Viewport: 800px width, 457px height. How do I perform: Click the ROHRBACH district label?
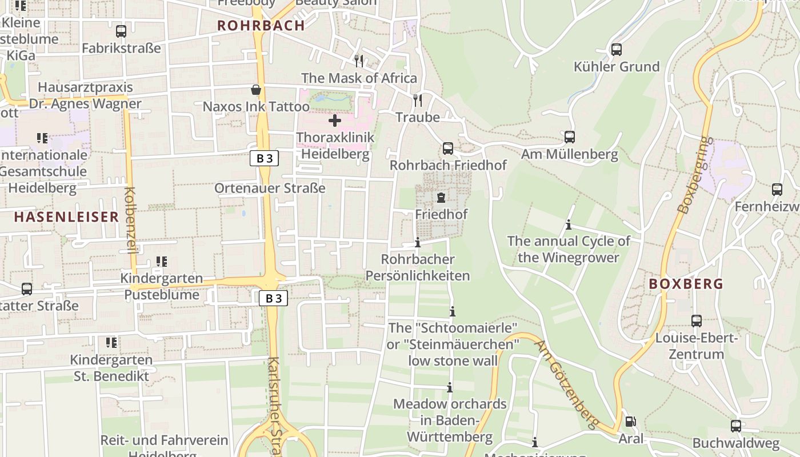point(261,26)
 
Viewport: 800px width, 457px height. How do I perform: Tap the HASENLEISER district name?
point(66,217)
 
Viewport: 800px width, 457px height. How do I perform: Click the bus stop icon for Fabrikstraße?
point(121,31)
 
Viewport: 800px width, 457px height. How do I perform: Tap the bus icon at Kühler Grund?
point(616,50)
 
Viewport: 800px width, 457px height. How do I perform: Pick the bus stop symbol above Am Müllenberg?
point(569,137)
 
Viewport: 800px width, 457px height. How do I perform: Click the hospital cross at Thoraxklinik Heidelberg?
point(335,121)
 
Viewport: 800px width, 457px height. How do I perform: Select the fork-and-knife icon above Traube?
point(418,101)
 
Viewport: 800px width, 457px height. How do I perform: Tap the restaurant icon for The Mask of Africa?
point(359,61)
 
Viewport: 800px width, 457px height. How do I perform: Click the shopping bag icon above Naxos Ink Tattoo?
point(256,90)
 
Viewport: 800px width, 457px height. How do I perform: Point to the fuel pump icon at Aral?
point(630,422)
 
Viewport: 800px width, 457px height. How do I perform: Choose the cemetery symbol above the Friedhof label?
point(441,198)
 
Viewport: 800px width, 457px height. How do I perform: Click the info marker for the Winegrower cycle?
point(568,225)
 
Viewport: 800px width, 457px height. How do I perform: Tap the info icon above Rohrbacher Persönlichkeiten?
point(417,243)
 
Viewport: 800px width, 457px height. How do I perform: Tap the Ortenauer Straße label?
point(270,189)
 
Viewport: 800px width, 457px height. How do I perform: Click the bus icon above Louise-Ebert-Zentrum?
point(696,321)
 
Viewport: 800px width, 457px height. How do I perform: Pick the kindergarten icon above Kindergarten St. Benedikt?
point(111,343)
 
